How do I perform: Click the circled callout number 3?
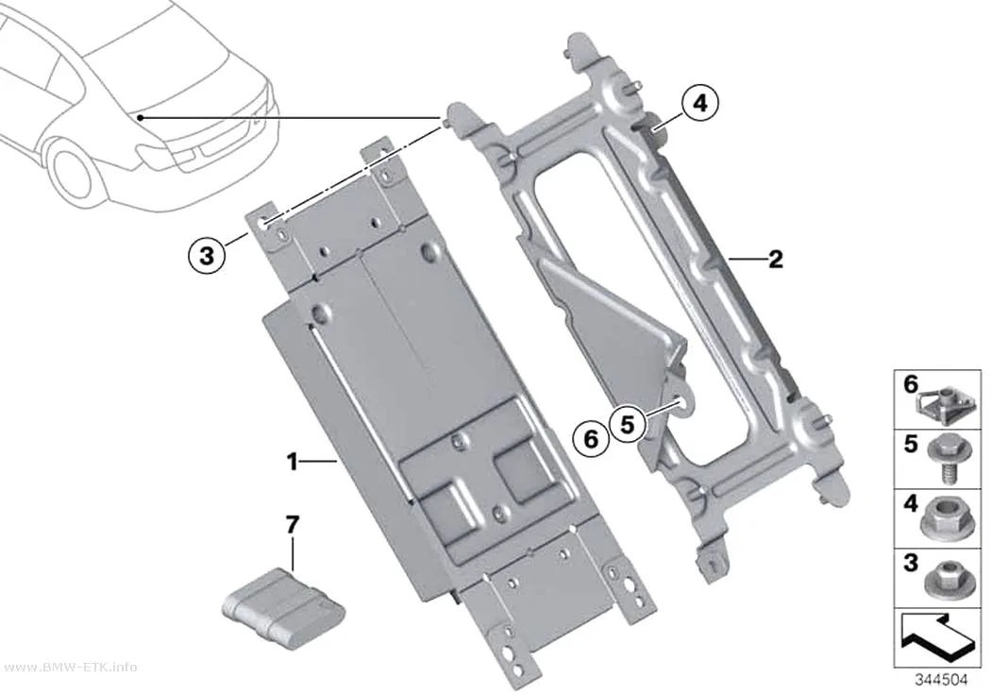point(207,256)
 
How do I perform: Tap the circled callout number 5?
point(627,424)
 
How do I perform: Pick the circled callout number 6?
point(590,438)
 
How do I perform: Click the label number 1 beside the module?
point(292,462)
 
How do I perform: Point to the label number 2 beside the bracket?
point(775,259)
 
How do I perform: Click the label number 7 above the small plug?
point(292,525)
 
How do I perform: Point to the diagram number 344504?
point(941,680)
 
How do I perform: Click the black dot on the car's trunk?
point(141,118)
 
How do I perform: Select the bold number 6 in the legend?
point(910,384)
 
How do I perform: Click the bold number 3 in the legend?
point(910,562)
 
